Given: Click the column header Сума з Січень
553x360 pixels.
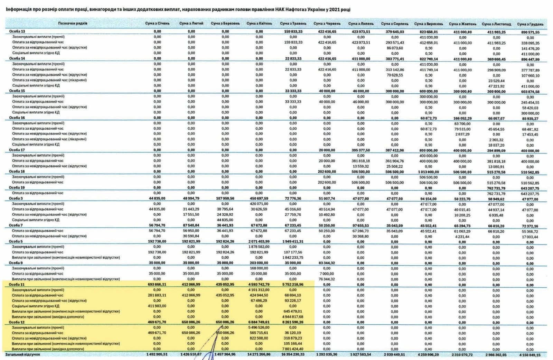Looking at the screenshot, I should pos(157,24).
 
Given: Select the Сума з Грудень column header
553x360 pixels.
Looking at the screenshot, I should pos(530,24).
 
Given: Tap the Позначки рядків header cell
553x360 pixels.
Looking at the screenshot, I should pos(73,24).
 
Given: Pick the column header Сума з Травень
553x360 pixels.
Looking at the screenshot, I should pos(293,24).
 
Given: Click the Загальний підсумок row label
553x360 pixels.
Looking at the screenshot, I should pos(22,354).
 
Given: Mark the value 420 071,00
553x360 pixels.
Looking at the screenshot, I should pos(259,204).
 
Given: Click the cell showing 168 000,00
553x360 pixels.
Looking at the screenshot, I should pos(259,268).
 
